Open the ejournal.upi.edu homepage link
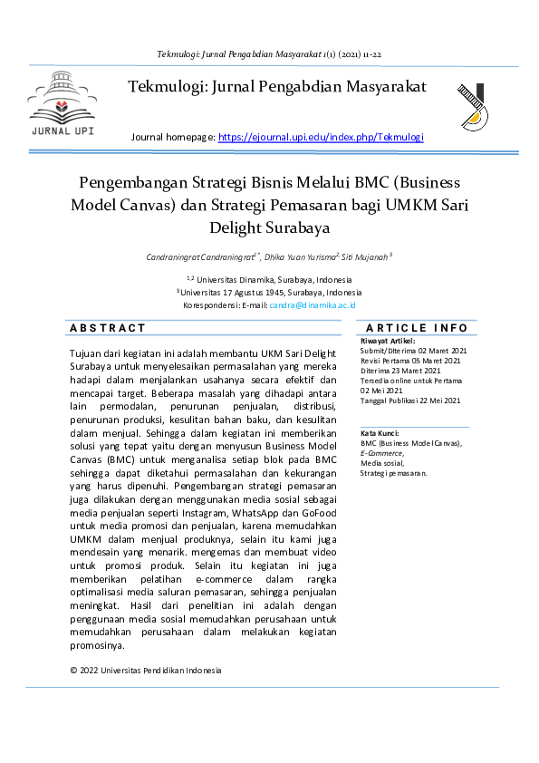pyautogui.click(x=321, y=137)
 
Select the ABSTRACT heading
pyautogui.click(x=108, y=328)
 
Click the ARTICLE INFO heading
pyautogui.click(x=417, y=328)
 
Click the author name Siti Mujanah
pyautogui.click(x=364, y=257)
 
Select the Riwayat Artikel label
pyautogui.click(x=388, y=341)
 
